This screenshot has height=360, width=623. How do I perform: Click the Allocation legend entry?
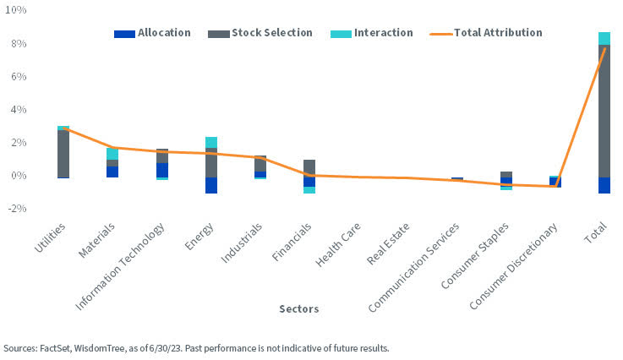point(152,33)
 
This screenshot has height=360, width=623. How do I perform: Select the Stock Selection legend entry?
point(266,33)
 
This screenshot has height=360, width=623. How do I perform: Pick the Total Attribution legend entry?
point(486,33)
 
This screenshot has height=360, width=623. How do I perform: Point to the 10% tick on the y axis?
point(16,10)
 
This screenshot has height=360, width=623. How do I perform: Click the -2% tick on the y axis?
point(16,209)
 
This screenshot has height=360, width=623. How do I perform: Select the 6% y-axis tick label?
point(19,77)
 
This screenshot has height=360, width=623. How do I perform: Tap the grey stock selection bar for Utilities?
point(63,153)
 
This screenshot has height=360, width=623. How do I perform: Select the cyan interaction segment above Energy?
point(210,142)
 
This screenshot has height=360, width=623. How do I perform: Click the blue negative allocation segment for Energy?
point(210,185)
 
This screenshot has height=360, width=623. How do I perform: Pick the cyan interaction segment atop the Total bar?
point(604,38)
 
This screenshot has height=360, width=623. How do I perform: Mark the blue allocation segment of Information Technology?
point(161,170)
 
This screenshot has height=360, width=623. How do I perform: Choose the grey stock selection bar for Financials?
point(309,167)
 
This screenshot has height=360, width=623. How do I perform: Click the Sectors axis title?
point(299,309)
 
